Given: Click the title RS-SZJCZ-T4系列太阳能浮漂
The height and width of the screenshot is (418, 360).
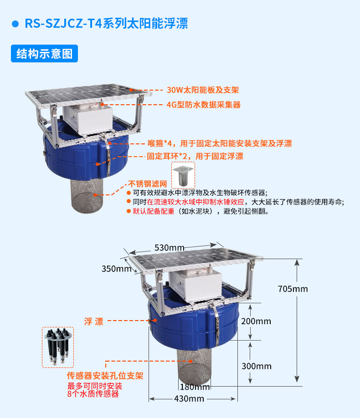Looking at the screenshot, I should point(106,24).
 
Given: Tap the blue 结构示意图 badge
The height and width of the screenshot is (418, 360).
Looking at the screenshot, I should point(44,54).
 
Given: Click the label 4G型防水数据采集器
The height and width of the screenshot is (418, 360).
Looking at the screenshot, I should point(203,105).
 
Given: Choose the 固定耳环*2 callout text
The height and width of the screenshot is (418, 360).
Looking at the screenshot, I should point(195,156).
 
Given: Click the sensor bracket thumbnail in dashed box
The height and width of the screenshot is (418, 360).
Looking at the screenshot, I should point(58,347).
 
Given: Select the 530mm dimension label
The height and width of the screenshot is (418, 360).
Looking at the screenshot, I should point(169,247).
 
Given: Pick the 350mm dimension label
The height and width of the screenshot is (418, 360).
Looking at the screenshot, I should point(116,269).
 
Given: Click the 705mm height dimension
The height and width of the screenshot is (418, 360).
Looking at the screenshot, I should point(293,289).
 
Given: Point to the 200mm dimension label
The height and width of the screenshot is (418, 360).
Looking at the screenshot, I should point(257,321).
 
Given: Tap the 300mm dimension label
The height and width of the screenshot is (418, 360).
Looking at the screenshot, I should point(257,366).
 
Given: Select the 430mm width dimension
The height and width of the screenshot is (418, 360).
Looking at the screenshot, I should point(189,399).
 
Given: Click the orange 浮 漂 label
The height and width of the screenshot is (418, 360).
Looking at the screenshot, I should point(93,321).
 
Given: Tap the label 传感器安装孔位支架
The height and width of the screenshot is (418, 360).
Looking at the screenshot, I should point(105,376).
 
